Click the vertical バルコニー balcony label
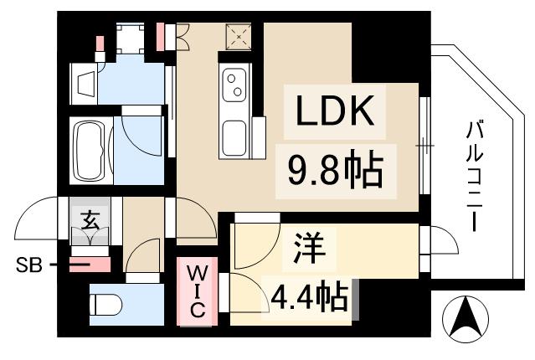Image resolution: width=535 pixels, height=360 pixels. pos(476,177)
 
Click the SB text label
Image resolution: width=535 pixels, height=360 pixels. pos(28,267)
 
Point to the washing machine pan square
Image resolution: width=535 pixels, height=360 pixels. pos(131,39)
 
